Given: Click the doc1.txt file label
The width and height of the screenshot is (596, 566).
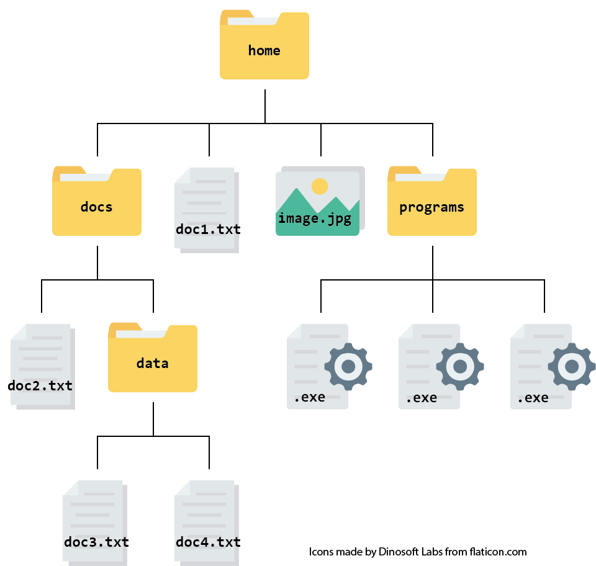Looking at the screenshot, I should click(208, 229).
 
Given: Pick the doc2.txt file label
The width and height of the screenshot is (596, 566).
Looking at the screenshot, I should click(40, 385).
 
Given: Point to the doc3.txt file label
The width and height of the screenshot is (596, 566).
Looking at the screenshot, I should click(96, 542).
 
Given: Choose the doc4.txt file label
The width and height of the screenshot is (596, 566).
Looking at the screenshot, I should click(208, 542).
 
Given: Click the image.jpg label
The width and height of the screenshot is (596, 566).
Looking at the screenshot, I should click(315, 218).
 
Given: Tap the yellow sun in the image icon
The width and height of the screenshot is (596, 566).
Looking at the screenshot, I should click(320, 186).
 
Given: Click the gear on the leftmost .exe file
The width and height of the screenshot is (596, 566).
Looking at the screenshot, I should click(348, 366).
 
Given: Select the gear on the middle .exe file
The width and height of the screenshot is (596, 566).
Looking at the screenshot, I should click(460, 366).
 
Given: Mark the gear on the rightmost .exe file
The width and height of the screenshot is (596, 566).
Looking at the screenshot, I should click(571, 366).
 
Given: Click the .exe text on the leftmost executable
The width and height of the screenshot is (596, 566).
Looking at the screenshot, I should click(309, 397).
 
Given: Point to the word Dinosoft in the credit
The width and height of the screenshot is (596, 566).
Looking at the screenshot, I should click(400, 552).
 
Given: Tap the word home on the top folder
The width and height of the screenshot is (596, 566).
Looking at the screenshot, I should click(264, 50).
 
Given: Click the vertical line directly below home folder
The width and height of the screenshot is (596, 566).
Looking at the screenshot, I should click(265, 106).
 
